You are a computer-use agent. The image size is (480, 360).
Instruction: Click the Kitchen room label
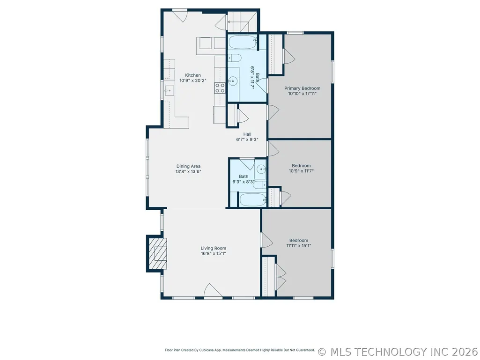click(193, 75)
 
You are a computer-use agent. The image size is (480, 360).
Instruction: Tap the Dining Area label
click(188, 166)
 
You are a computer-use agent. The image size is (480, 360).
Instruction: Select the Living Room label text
click(214, 248)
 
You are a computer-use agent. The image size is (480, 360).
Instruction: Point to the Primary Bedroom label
click(302, 88)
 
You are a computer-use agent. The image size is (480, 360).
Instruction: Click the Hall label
click(247, 134)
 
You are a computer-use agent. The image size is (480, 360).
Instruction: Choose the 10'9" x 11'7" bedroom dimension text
click(301, 171)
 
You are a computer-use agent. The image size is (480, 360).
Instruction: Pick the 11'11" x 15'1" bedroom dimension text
click(298, 245)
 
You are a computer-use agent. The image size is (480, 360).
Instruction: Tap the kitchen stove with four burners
click(220, 88)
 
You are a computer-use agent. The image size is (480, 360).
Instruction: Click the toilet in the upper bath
click(235, 58)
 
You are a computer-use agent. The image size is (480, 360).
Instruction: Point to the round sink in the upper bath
click(233, 81)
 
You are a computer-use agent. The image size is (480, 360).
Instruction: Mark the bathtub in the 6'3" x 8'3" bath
click(253, 200)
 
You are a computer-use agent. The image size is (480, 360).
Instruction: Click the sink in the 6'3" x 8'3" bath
click(261, 169)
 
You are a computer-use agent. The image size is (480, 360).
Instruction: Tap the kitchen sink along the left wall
click(169, 91)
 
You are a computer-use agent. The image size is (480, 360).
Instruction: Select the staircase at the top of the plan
click(242, 22)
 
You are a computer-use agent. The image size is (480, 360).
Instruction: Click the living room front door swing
click(213, 290)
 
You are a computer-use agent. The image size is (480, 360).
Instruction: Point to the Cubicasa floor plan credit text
click(240, 350)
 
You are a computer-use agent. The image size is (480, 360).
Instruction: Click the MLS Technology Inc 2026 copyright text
click(398, 352)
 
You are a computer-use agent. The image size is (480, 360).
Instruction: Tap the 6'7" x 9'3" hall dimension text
click(247, 140)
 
